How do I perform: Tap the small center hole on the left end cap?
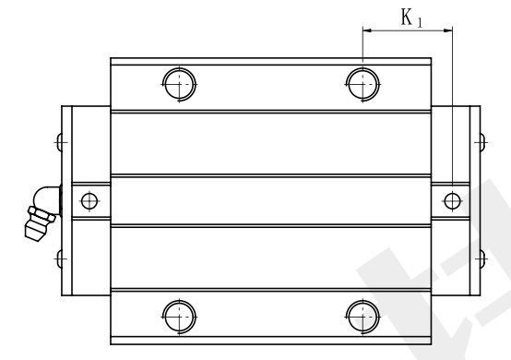pyautogui.click(x=89, y=200)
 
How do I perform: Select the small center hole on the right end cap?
pyautogui.click(x=451, y=200)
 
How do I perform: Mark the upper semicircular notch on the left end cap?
pyautogui.click(x=62, y=143)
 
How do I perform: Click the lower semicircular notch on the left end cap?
pyautogui.click(x=62, y=258)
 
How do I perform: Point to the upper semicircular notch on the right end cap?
pyautogui.click(x=478, y=143)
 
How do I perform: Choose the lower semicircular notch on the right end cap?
pyautogui.click(x=478, y=258)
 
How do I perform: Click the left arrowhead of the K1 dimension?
pyautogui.click(x=367, y=31)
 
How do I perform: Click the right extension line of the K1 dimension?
pyautogui.click(x=453, y=111)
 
